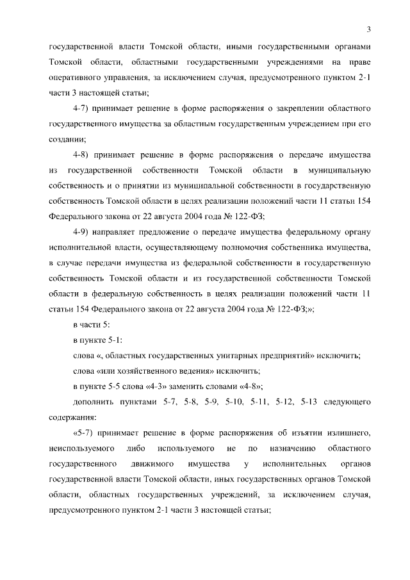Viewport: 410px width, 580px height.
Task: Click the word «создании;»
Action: (67, 138)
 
